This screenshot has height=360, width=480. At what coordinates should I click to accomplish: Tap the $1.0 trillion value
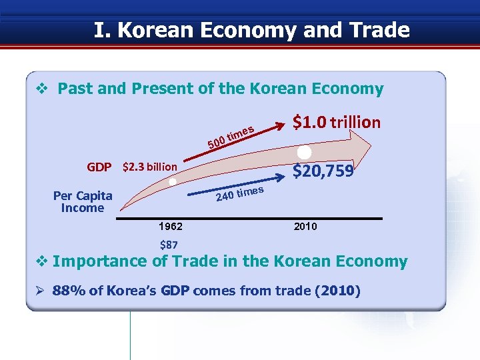click(337, 122)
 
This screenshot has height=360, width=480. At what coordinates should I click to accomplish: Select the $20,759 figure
click(323, 172)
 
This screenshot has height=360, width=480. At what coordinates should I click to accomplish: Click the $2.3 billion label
click(150, 167)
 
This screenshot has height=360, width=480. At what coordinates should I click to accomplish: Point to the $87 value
click(169, 245)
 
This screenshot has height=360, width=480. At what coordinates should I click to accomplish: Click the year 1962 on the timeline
click(171, 227)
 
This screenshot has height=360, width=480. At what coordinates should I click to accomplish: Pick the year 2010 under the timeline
click(305, 227)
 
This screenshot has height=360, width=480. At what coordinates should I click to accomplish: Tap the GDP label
click(99, 167)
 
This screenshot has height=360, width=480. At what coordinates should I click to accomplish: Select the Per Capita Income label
click(83, 202)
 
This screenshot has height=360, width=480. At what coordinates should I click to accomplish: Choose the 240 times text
click(240, 194)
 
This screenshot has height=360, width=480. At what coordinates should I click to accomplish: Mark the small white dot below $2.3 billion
click(173, 181)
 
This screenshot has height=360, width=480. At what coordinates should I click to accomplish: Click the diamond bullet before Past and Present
click(40, 89)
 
